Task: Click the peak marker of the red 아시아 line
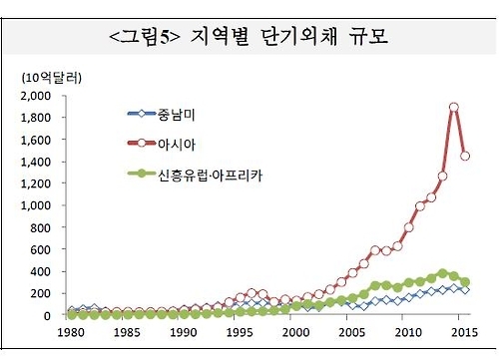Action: click(x=453, y=108)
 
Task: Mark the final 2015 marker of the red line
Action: click(x=465, y=156)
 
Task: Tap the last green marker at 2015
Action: click(x=465, y=282)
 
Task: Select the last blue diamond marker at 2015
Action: click(x=465, y=290)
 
